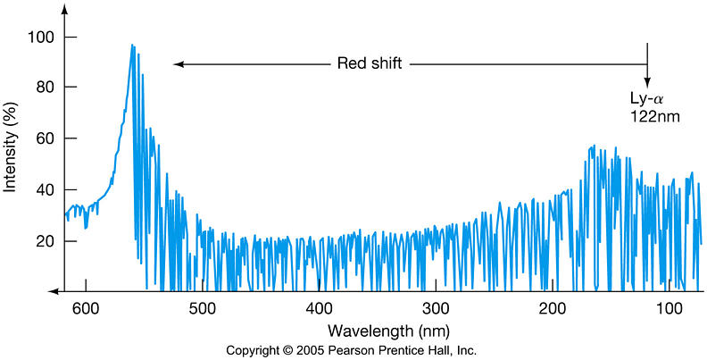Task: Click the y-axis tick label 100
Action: pyautogui.click(x=38, y=38)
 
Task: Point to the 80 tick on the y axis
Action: pyautogui.click(x=42, y=88)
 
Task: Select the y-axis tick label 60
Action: pyautogui.click(x=42, y=139)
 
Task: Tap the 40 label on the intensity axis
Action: pyautogui.click(x=42, y=190)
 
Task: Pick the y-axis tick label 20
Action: pyautogui.click(x=42, y=241)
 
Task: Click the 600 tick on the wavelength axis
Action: pyautogui.click(x=85, y=308)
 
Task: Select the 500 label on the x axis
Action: pyautogui.click(x=203, y=308)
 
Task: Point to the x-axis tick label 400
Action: pyautogui.click(x=320, y=308)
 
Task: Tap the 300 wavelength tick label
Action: pyautogui.click(x=437, y=308)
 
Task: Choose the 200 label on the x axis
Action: pyautogui.click(x=553, y=308)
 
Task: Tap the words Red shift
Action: pyautogui.click(x=368, y=63)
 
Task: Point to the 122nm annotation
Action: pyautogui.click(x=652, y=115)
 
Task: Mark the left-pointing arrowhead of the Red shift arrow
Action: pyautogui.click(x=178, y=64)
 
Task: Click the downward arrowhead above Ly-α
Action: pyautogui.click(x=648, y=81)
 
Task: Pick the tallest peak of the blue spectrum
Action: pyautogui.click(x=132, y=46)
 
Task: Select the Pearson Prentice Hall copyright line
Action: pyautogui.click(x=353, y=349)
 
